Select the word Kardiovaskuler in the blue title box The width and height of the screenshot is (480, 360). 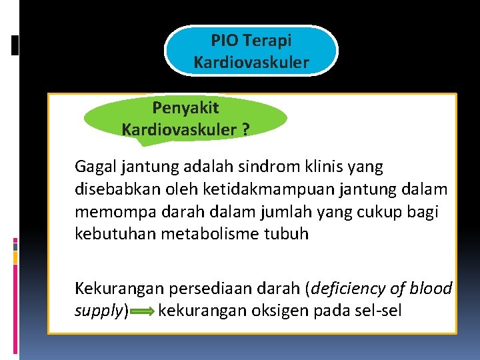(x=251, y=63)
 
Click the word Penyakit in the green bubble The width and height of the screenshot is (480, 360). (x=185, y=107)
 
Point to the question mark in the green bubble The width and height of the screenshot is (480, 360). (x=246, y=129)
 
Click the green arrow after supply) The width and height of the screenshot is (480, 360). (x=143, y=311)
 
